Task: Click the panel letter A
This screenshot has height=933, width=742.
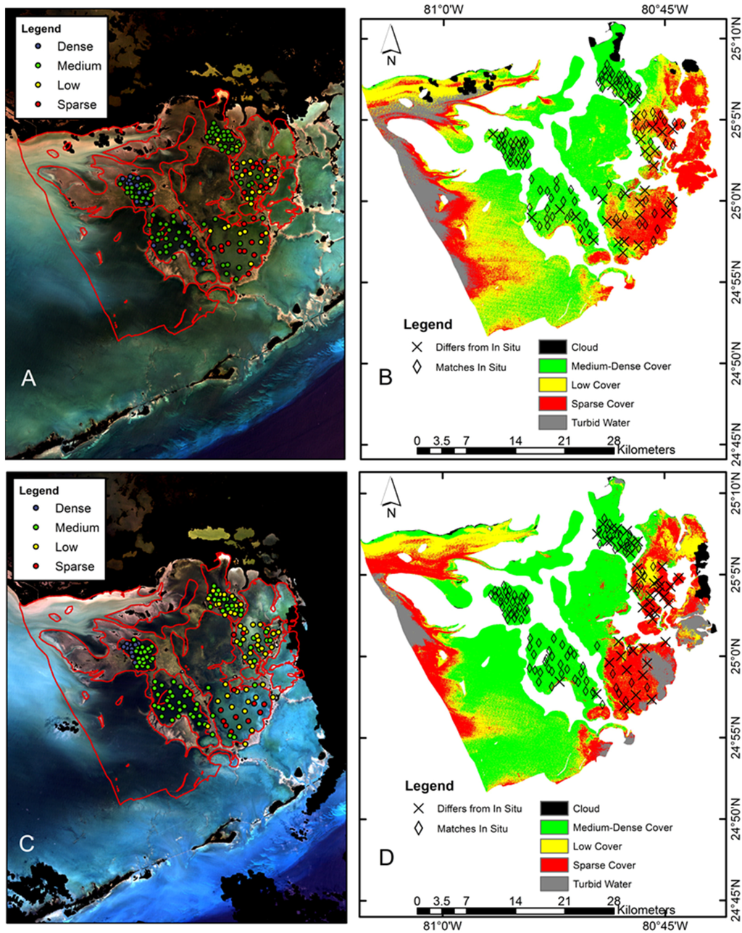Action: (28, 378)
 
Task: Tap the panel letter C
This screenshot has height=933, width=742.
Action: (28, 843)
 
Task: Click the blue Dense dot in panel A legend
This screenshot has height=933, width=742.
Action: (41, 46)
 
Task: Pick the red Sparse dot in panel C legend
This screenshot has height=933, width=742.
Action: (39, 566)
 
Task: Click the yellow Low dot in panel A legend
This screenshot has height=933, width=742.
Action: (41, 85)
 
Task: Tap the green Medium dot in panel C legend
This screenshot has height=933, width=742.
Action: (39, 528)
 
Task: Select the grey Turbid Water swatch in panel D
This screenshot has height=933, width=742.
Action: (555, 884)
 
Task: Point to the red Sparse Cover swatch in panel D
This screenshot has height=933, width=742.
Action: (555, 865)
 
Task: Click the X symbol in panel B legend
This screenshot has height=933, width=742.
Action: (417, 347)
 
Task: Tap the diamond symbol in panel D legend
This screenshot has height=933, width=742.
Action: (418, 828)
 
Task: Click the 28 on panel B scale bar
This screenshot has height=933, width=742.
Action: (613, 439)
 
